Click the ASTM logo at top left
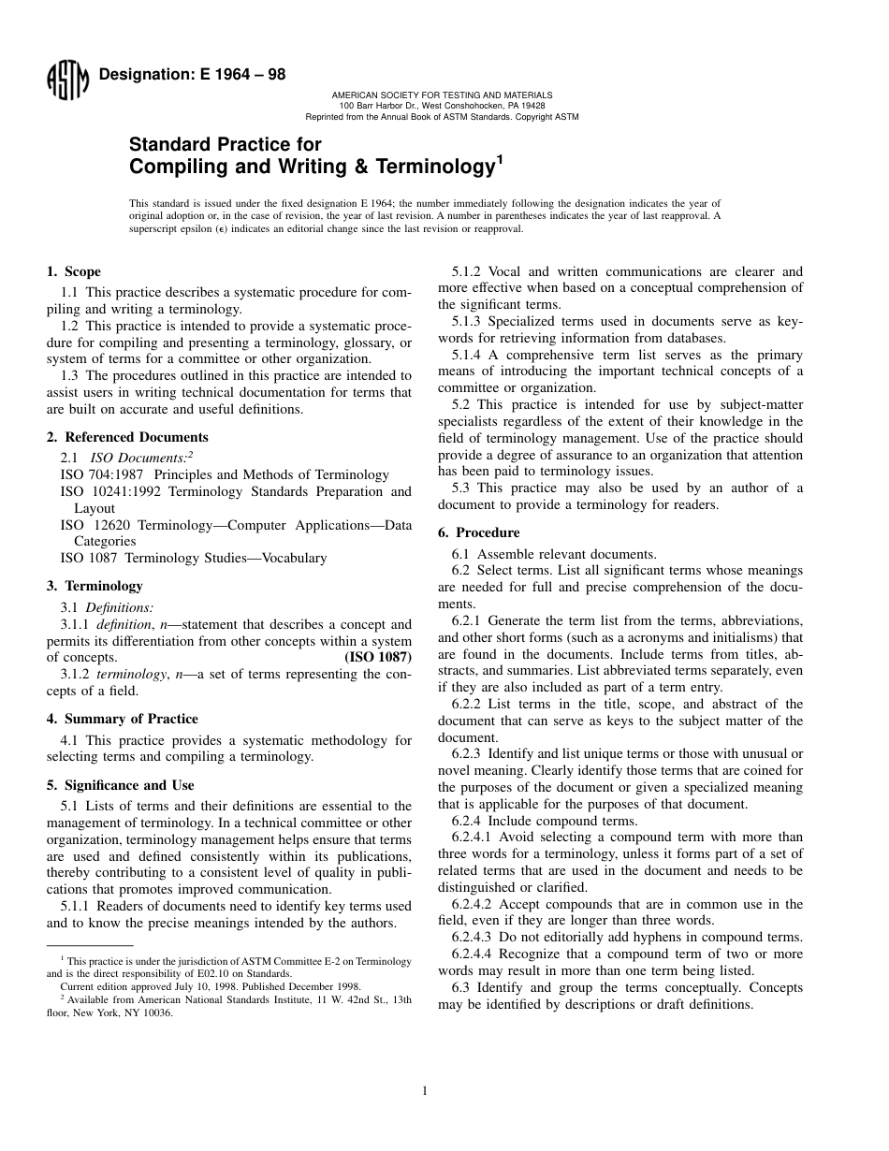point(66,82)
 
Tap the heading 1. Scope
point(74,272)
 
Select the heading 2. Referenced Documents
point(127,437)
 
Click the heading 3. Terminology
point(95,586)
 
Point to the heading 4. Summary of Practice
point(122,719)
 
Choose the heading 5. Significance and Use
point(120,785)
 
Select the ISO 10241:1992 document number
point(107,492)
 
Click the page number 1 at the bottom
point(425,1090)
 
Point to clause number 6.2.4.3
point(474,938)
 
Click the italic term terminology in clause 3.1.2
point(127,675)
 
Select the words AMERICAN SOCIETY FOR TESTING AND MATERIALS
point(443,95)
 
